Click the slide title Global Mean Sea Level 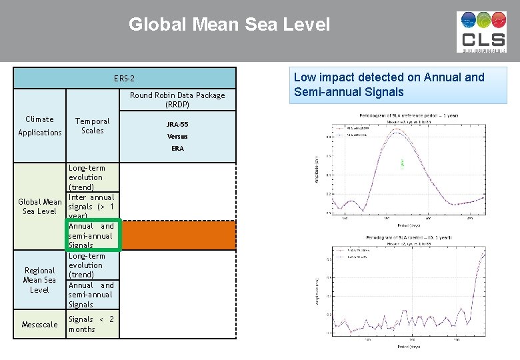pyautogui.click(x=229, y=25)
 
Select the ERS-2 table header pyautogui.click(x=124, y=78)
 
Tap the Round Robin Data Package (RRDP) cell pyautogui.click(x=177, y=100)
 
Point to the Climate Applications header pyautogui.click(x=40, y=126)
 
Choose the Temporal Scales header pyautogui.click(x=92, y=126)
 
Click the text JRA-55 pyautogui.click(x=177, y=124)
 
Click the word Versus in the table pyautogui.click(x=177, y=136)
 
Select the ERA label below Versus pyautogui.click(x=177, y=148)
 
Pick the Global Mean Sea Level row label pyautogui.click(x=40, y=207)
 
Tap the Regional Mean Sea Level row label pyautogui.click(x=40, y=280)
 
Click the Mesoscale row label pyautogui.click(x=40, y=325)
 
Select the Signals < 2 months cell pyautogui.click(x=92, y=325)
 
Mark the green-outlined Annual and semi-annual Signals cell pyautogui.click(x=93, y=235)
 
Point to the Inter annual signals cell pyautogui.click(x=92, y=207)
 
